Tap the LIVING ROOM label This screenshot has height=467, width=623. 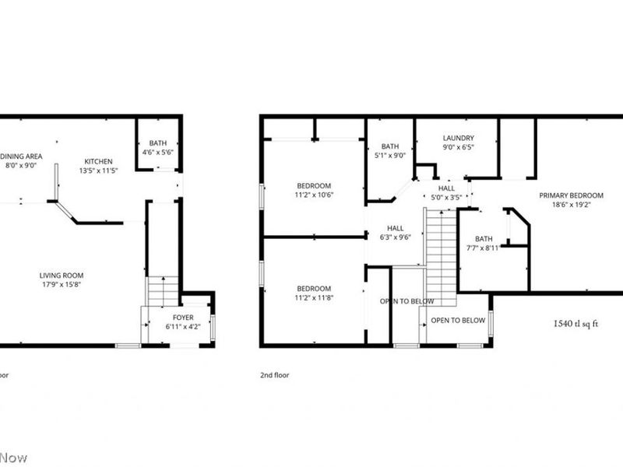(62, 275)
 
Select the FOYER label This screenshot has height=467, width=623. (183, 318)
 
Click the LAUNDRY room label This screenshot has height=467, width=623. (458, 138)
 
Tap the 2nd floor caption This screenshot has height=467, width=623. (275, 374)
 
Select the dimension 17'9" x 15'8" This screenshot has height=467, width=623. (62, 285)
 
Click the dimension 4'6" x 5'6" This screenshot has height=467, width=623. (158, 153)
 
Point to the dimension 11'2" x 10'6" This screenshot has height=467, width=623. (314, 195)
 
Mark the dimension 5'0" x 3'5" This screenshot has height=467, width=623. (446, 198)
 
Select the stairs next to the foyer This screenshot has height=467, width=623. (163, 292)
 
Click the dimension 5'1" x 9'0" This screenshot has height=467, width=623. (390, 156)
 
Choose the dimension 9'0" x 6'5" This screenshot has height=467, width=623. (458, 148)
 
